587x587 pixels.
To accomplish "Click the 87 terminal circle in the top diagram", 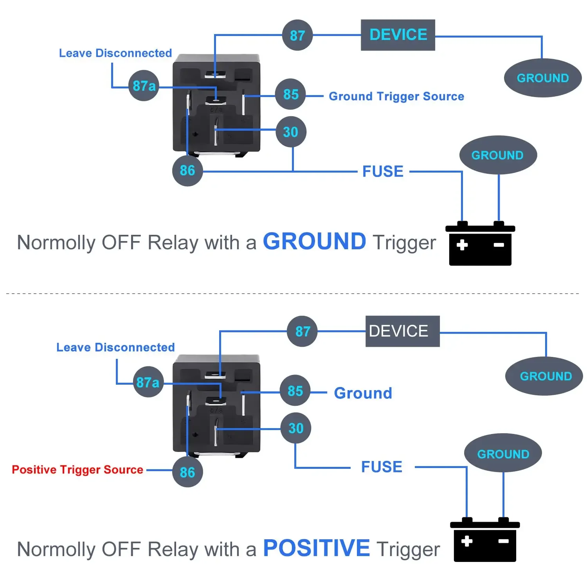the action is (297, 35).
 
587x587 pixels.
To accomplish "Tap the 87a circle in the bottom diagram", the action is (148, 382).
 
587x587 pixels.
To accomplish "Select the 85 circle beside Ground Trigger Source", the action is (291, 94).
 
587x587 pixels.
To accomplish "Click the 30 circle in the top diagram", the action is (291, 132).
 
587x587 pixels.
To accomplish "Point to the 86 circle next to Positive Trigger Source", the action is (187, 472).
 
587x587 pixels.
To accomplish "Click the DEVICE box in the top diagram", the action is (398, 35).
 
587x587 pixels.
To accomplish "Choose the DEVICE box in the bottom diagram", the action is (403, 331).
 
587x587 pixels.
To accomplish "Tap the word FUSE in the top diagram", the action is (383, 171).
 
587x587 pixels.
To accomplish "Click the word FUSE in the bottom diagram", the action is (382, 467).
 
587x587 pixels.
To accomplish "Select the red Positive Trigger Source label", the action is (77, 470).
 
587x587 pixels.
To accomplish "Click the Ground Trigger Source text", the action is (396, 96).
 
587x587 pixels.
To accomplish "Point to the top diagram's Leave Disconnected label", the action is (115, 53).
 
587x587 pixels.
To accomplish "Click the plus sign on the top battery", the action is (462, 245).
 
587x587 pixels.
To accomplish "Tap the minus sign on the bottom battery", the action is (504, 541).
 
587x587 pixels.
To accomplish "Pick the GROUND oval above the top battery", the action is (498, 155).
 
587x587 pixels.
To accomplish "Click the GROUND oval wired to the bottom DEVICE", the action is (544, 376).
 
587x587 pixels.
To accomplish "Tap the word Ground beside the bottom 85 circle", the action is (363, 393).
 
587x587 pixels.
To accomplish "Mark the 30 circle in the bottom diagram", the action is (296, 428).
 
